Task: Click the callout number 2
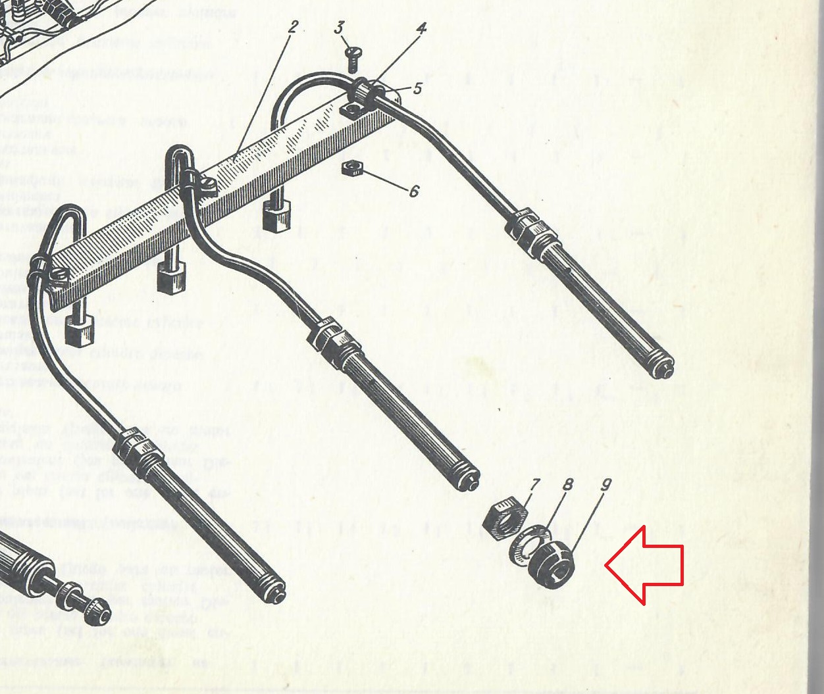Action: tap(293, 28)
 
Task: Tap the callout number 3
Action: tap(339, 28)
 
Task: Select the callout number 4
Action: tap(421, 28)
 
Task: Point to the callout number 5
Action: tap(417, 88)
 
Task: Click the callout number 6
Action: tap(413, 191)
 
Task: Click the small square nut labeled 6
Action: tap(350, 168)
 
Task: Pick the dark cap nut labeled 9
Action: tap(552, 565)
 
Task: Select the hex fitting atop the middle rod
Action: tap(332, 337)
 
